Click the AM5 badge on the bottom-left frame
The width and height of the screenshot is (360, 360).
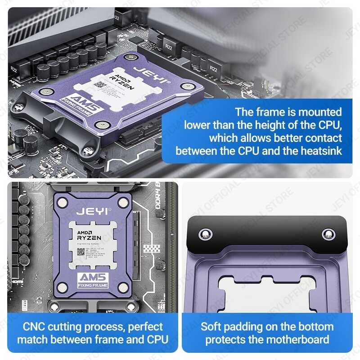[91, 277]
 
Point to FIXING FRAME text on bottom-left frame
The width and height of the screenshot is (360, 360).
[92, 285]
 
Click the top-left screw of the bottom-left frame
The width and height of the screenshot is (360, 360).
[63, 203]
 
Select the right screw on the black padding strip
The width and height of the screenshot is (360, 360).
[328, 234]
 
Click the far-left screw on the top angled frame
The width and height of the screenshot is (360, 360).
[18, 107]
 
